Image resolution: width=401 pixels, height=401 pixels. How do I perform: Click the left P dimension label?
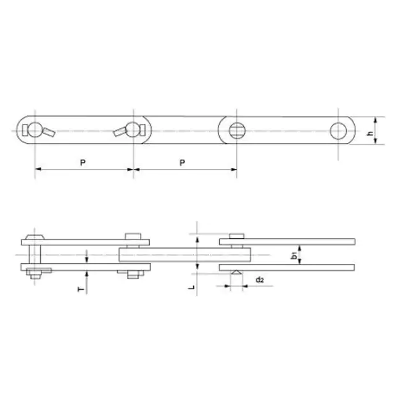click(83, 162)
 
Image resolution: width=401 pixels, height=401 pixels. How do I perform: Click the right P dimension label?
click(182, 162)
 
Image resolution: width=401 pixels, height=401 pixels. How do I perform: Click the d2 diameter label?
click(260, 280)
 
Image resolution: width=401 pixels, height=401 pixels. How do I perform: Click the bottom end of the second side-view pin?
click(133, 274)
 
